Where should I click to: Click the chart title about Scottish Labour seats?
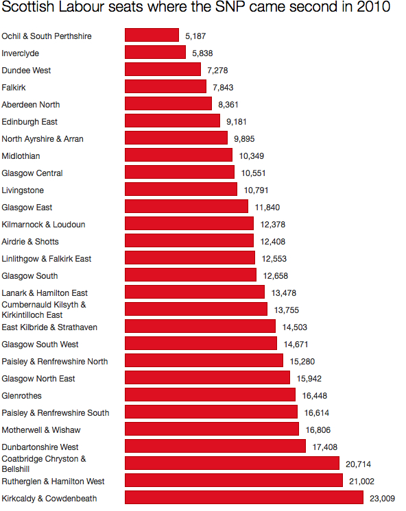tap(196, 9)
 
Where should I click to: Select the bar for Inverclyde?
tap(155, 52)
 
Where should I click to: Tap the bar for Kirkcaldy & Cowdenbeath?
tap(243, 498)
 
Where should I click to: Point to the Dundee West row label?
tap(27, 70)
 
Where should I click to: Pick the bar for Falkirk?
tap(165, 86)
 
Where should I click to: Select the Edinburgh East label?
tap(29, 121)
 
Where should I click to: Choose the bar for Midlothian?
tap(178, 155)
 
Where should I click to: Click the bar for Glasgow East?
tap(186, 206)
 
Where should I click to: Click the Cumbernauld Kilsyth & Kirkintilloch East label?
tap(44, 310)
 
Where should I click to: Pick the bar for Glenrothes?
tap(210, 395)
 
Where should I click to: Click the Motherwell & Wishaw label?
tap(41, 429)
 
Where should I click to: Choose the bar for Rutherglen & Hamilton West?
tap(233, 480)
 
